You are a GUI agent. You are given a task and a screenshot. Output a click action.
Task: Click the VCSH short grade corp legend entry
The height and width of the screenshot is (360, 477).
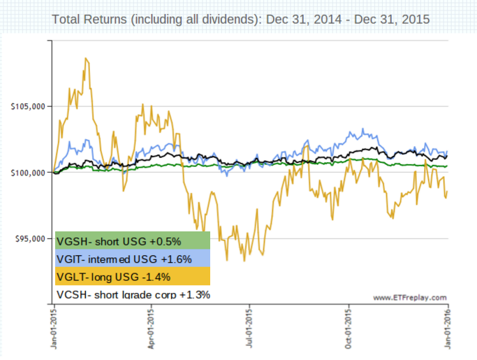(x=132, y=294)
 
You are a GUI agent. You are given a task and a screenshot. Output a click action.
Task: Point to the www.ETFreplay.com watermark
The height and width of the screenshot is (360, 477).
(x=409, y=298)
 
